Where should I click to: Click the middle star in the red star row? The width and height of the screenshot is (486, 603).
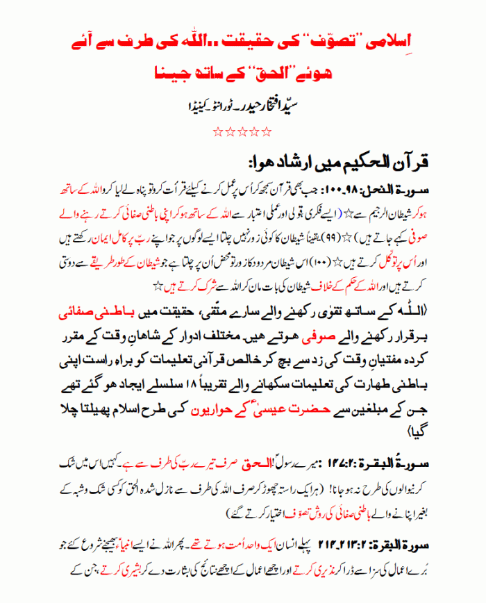coord(242,130)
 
